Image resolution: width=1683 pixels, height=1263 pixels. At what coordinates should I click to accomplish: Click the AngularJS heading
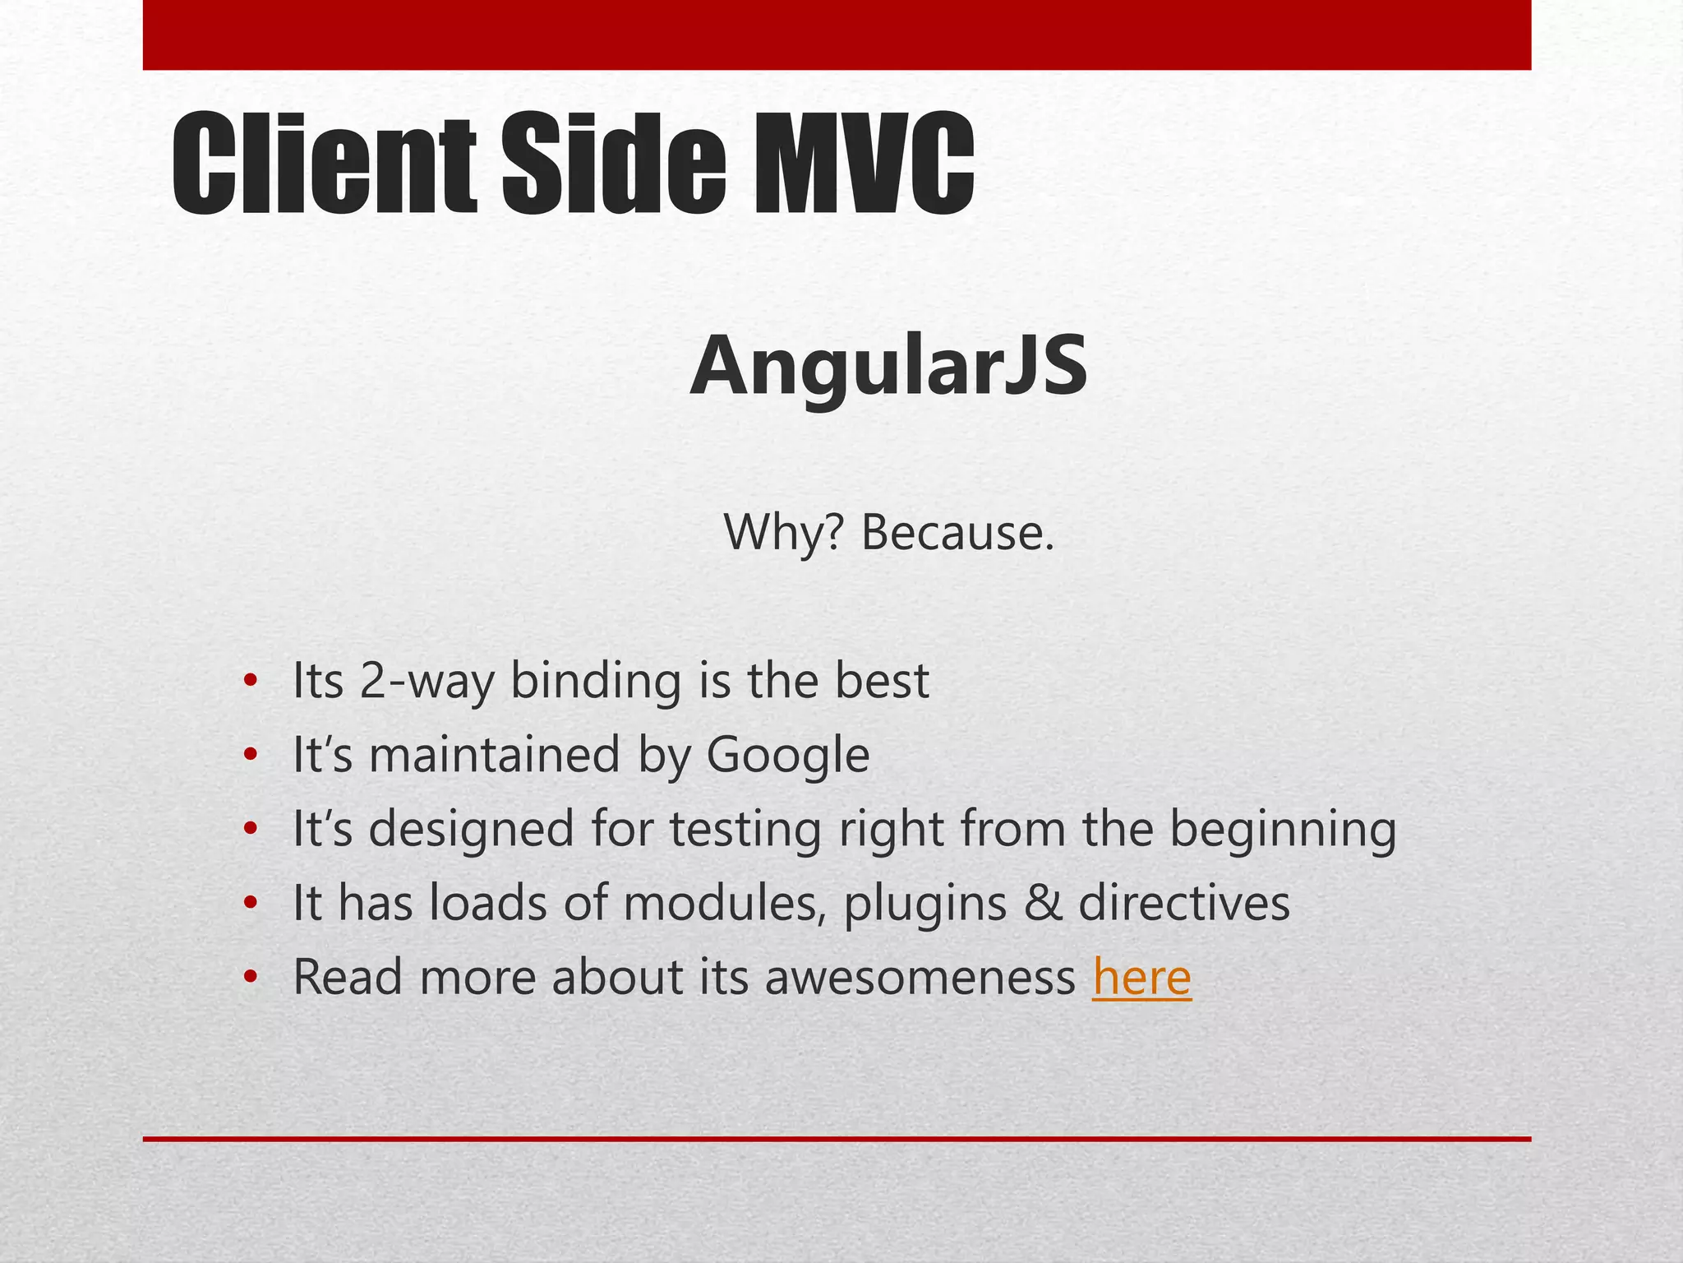pyautogui.click(x=889, y=366)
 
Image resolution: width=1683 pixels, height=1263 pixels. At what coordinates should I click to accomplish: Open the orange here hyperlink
pyautogui.click(x=1141, y=977)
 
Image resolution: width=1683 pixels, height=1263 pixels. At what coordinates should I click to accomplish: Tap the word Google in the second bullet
pyautogui.click(x=787, y=755)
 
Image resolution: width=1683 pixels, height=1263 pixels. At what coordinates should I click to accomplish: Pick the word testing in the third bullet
pyautogui.click(x=745, y=829)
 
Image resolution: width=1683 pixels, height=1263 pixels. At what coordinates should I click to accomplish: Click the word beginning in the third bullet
pyautogui.click(x=1283, y=829)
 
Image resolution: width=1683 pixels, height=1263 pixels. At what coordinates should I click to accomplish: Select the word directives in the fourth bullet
pyautogui.click(x=1184, y=903)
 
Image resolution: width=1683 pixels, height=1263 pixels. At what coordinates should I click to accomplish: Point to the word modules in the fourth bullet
pyautogui.click(x=725, y=903)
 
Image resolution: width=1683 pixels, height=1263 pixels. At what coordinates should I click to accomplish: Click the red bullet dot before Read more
pyautogui.click(x=251, y=978)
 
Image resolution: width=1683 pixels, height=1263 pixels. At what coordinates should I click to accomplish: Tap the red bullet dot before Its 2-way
pyautogui.click(x=251, y=682)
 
